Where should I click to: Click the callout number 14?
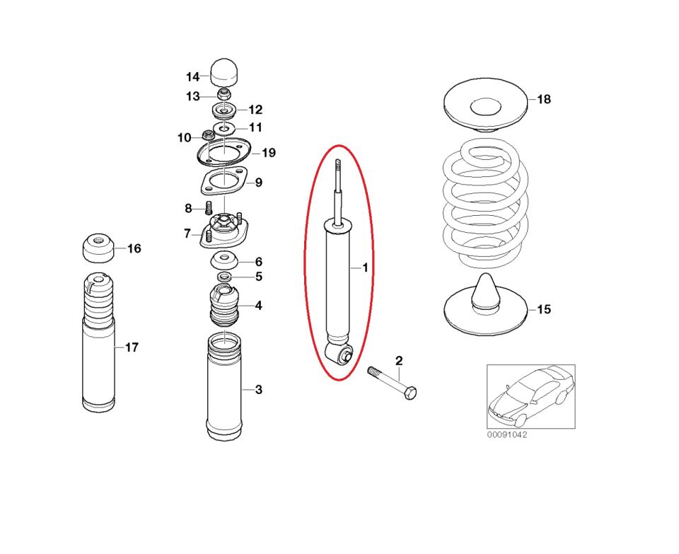[x=193, y=76]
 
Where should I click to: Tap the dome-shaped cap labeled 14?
[x=224, y=71]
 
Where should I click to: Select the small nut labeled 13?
[x=224, y=94]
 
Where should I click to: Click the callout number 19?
[x=268, y=153]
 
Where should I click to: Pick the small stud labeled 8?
[x=209, y=208]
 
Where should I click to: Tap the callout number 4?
[x=258, y=306]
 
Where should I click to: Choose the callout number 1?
[x=365, y=267]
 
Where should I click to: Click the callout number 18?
[x=543, y=99]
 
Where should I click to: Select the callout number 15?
[x=543, y=309]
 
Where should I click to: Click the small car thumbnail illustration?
[x=530, y=396]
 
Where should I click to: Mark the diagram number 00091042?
[x=506, y=434]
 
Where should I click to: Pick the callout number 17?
[x=132, y=347]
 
